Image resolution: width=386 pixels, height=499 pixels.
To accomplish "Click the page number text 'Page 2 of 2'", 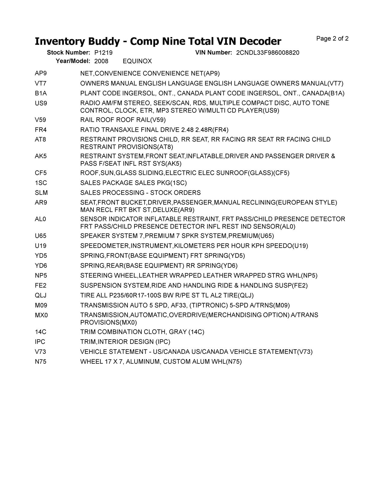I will [x=332, y=39].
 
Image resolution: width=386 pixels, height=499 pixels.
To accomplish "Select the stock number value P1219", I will [x=103, y=53].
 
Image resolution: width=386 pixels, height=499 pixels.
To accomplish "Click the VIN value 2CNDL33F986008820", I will [x=268, y=53].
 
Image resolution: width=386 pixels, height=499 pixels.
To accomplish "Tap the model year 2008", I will [x=101, y=61].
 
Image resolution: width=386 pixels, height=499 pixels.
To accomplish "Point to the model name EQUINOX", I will [x=138, y=61].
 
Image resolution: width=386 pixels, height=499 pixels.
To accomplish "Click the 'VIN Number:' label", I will [x=214, y=53].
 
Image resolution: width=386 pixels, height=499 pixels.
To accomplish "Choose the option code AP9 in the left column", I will [x=41, y=74].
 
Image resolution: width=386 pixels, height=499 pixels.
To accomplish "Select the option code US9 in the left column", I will [x=41, y=103].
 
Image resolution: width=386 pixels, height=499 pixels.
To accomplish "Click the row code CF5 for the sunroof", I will [x=41, y=173].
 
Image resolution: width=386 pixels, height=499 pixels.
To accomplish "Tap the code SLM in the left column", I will [x=41, y=193].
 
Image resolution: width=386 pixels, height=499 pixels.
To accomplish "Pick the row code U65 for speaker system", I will [x=41, y=236].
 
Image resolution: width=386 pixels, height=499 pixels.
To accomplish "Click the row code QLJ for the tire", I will [x=41, y=295].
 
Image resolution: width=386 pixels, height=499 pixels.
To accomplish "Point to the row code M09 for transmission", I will [x=41, y=305].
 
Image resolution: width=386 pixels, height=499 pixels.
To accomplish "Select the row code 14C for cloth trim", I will [x=41, y=332].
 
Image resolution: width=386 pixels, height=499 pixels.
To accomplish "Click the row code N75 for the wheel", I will [x=41, y=362].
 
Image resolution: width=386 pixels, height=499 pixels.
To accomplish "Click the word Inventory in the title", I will [x=59, y=42].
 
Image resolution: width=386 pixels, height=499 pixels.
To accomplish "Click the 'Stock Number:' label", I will [x=68, y=53].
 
